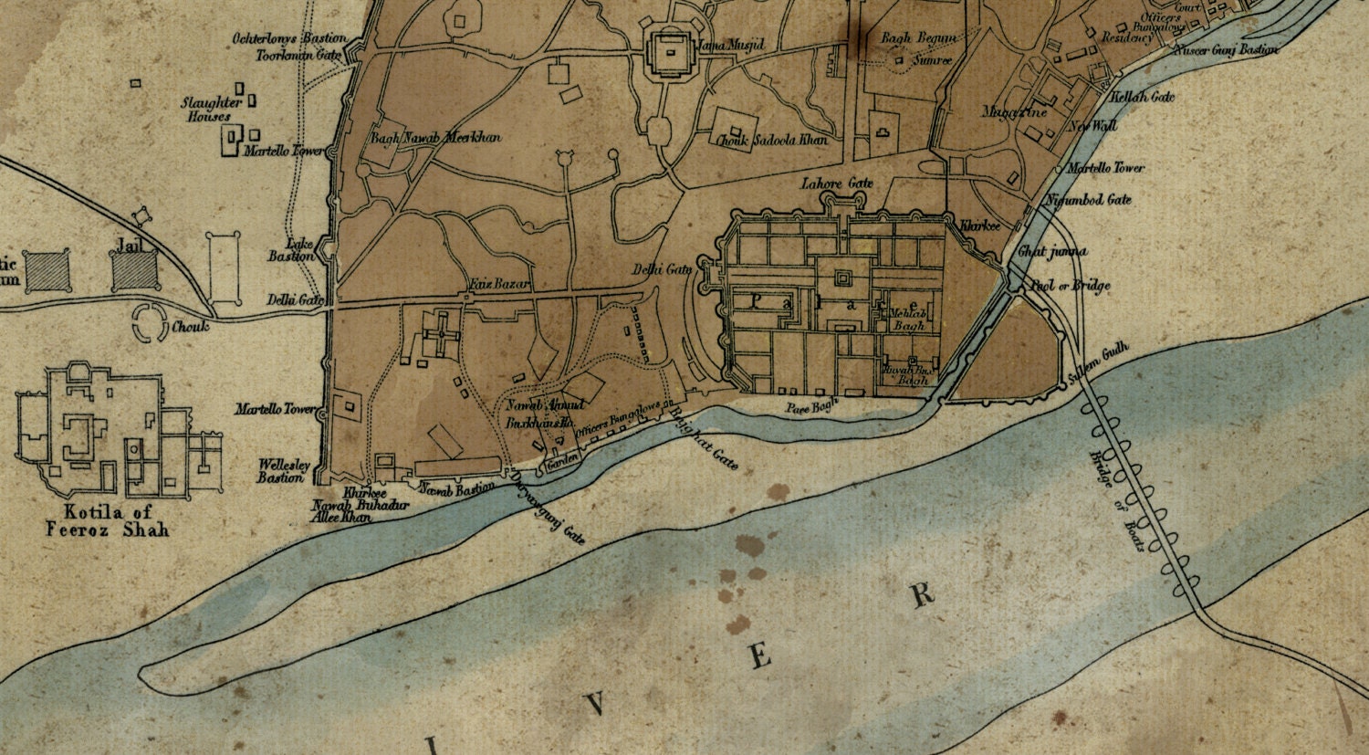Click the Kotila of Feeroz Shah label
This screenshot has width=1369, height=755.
point(108,519)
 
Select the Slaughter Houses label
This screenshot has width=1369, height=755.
point(211,109)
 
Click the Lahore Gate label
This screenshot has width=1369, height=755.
point(837,184)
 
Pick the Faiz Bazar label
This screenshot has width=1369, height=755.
point(499,285)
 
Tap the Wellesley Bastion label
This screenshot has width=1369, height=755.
point(282,470)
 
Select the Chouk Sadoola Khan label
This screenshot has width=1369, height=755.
point(771,141)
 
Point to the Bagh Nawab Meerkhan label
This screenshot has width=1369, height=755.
point(435,138)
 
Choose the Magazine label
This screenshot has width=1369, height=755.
point(1014,112)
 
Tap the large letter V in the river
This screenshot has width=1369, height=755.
point(597,703)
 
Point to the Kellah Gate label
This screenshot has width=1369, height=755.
point(1142,97)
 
